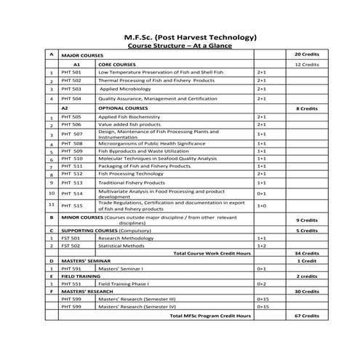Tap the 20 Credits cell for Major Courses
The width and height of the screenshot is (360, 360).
[x=306, y=55]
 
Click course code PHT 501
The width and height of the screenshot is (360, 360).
[x=71, y=73]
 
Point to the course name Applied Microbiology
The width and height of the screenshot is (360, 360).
[x=124, y=89]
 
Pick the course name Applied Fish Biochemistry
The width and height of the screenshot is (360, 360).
[x=132, y=116]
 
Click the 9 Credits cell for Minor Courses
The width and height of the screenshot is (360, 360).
[x=306, y=220]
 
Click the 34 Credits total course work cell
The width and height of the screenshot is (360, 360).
[x=306, y=253]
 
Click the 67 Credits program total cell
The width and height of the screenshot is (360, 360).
[x=306, y=316]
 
